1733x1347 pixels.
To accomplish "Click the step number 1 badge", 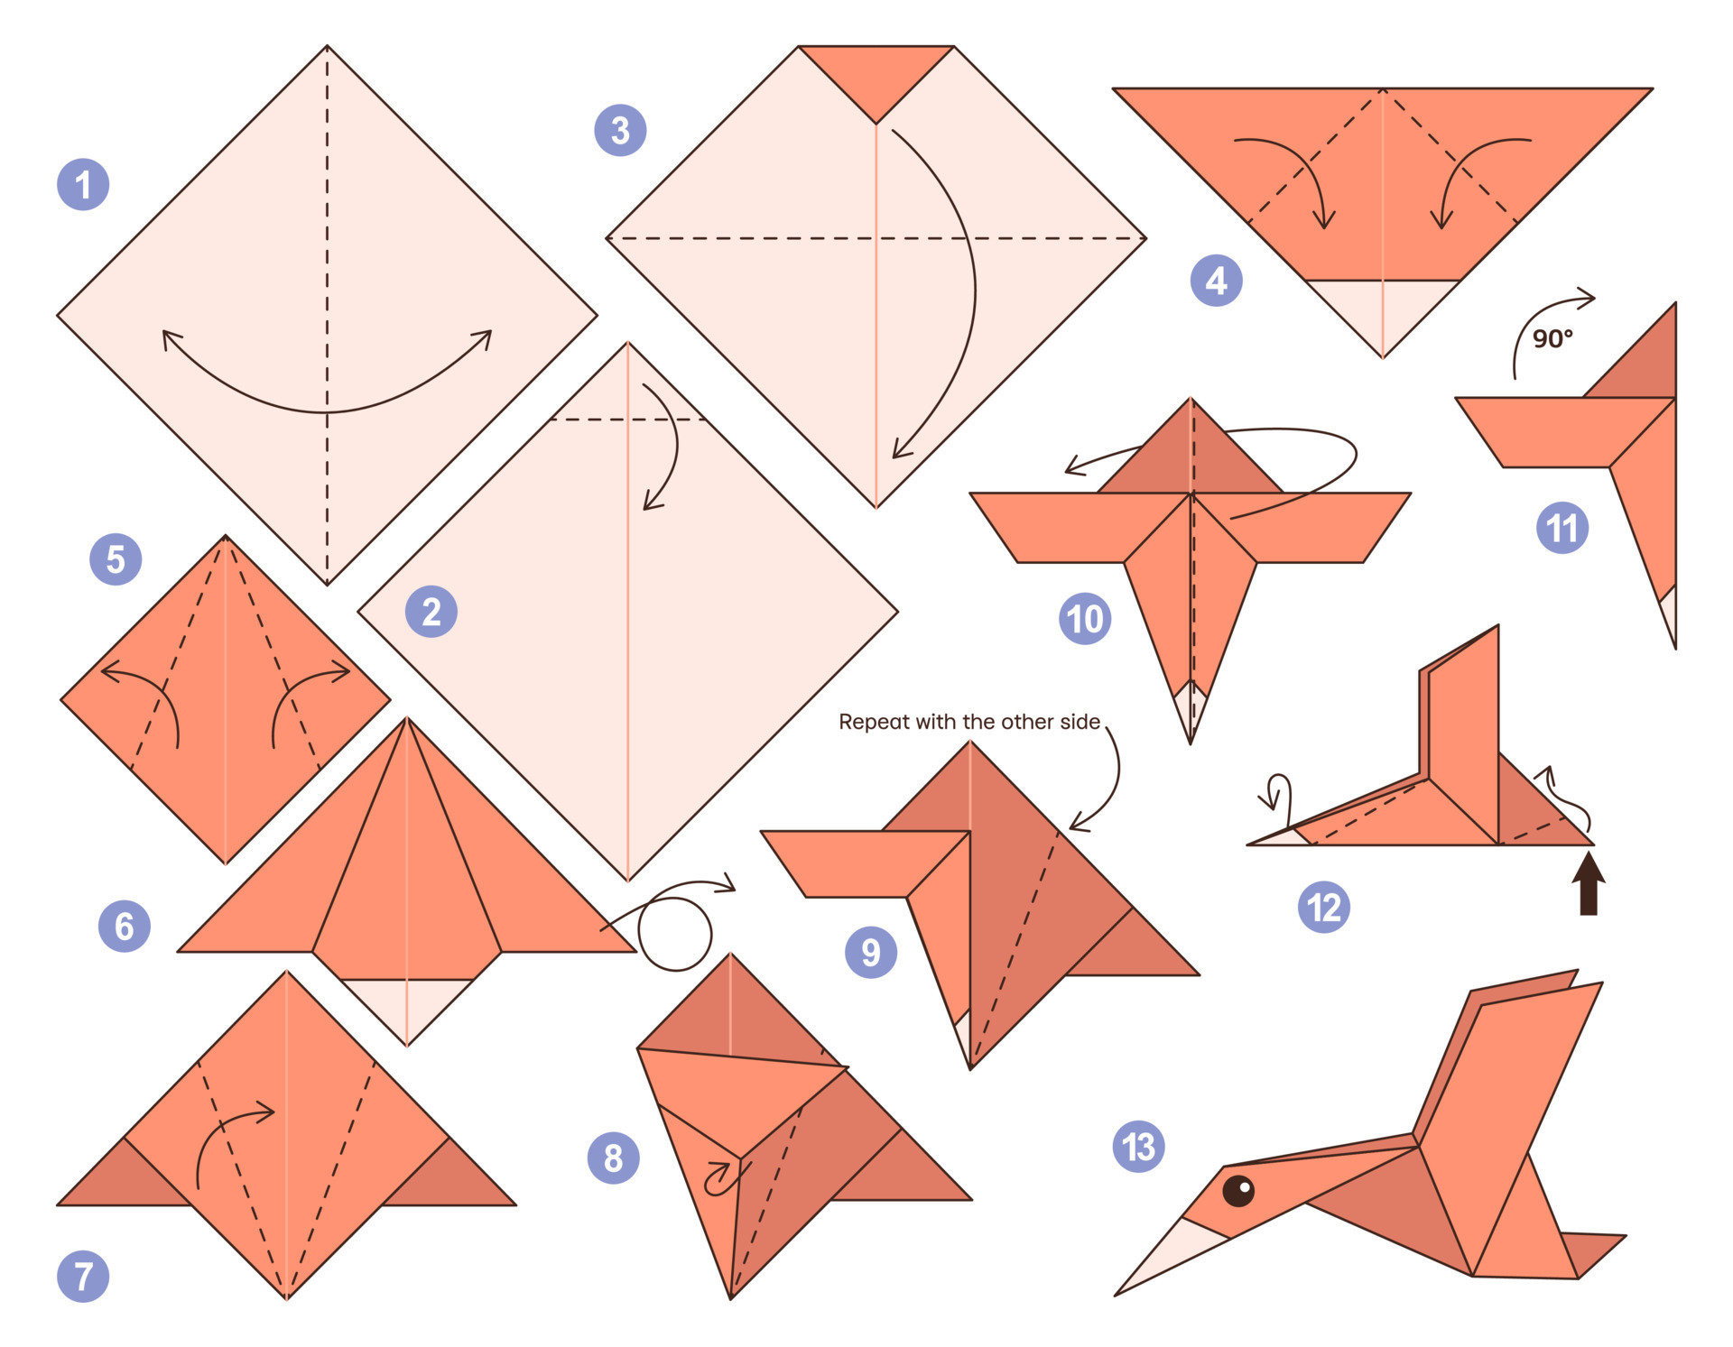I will [x=83, y=185].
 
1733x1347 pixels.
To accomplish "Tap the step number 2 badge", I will [x=431, y=612].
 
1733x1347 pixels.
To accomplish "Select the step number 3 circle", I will [x=620, y=130].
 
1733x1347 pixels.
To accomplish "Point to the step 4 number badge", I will [x=1216, y=281].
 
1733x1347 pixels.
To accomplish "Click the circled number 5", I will [x=116, y=559].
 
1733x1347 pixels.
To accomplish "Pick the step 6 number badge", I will [x=124, y=926].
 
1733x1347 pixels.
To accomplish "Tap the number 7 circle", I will [x=83, y=1276].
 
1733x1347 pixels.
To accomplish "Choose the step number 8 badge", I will [x=613, y=1158].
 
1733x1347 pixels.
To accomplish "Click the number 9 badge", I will [x=870, y=952].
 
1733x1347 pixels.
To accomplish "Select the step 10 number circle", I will [x=1084, y=619].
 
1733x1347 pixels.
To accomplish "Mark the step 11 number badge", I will [x=1562, y=528].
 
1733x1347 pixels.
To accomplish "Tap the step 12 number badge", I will [x=1323, y=907].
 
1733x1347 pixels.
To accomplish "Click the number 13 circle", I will [x=1138, y=1147].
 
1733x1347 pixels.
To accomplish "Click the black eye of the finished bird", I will [x=1237, y=1191].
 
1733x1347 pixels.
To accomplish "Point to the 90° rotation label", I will [x=1552, y=339].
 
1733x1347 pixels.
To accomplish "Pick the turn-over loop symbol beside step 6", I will [x=675, y=935].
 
